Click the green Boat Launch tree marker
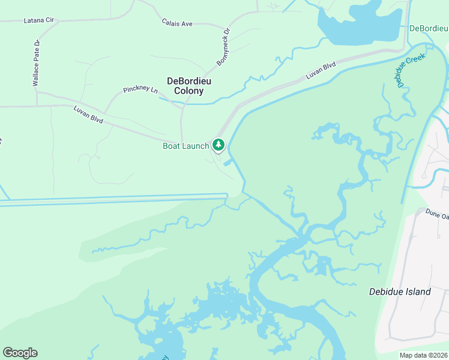(x=218, y=145)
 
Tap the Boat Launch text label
(x=186, y=146)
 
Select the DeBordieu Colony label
(x=185, y=86)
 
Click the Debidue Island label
(x=400, y=292)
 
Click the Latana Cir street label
(x=38, y=20)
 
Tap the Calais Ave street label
(x=177, y=23)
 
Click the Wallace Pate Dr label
(x=36, y=64)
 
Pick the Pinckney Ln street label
(x=140, y=90)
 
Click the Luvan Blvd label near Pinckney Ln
(x=88, y=115)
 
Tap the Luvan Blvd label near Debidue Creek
(x=320, y=71)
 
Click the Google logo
(x=20, y=353)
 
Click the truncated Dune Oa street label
(x=436, y=214)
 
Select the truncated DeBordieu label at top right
(x=429, y=28)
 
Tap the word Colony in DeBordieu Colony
(x=185, y=91)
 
